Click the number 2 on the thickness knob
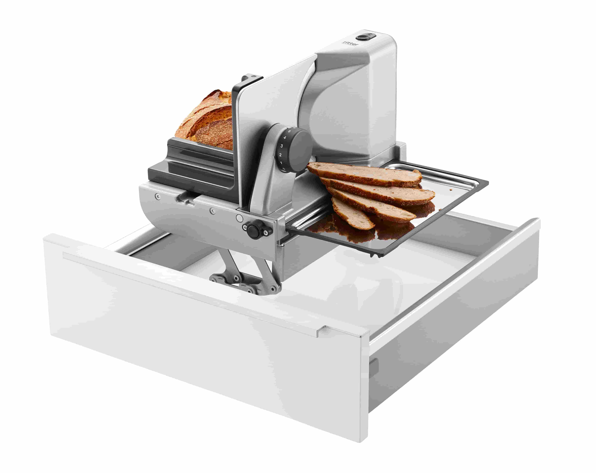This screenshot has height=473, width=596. [280, 155]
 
